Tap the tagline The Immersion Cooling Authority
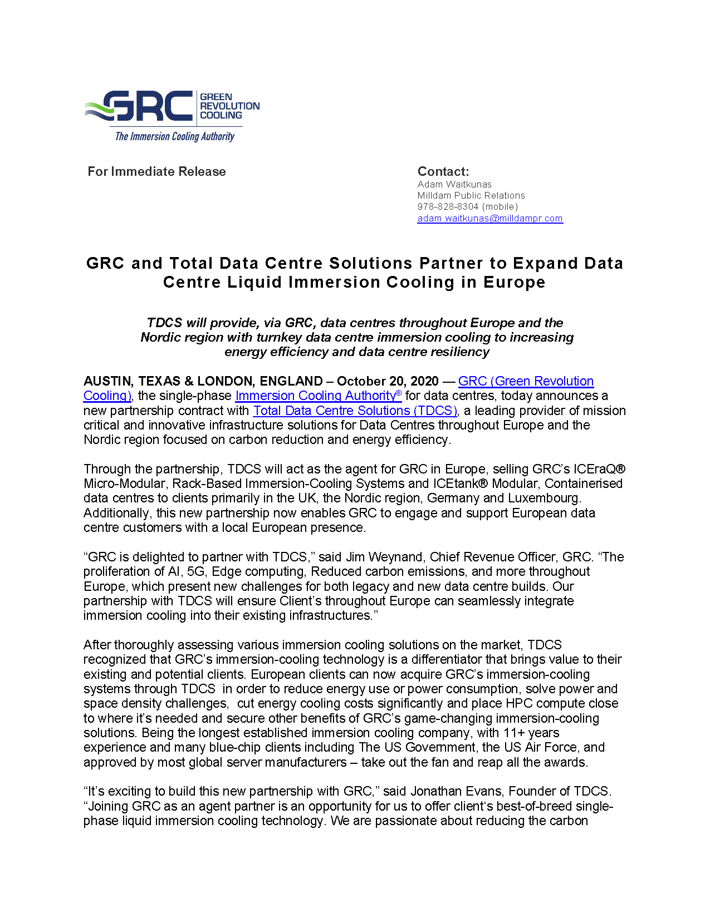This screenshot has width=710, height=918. (174, 136)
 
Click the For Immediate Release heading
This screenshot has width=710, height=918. (156, 171)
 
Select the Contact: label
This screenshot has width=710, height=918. (443, 171)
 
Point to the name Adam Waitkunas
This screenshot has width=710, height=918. (454, 184)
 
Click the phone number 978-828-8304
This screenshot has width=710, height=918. (448, 206)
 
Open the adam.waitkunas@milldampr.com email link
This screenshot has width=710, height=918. (490, 218)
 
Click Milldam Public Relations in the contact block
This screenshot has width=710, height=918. (471, 195)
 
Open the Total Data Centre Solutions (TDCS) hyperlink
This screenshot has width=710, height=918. (355, 411)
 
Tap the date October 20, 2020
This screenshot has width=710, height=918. (388, 381)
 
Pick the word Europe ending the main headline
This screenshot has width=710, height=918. (514, 282)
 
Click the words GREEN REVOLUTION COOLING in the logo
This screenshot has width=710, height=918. (229, 106)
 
